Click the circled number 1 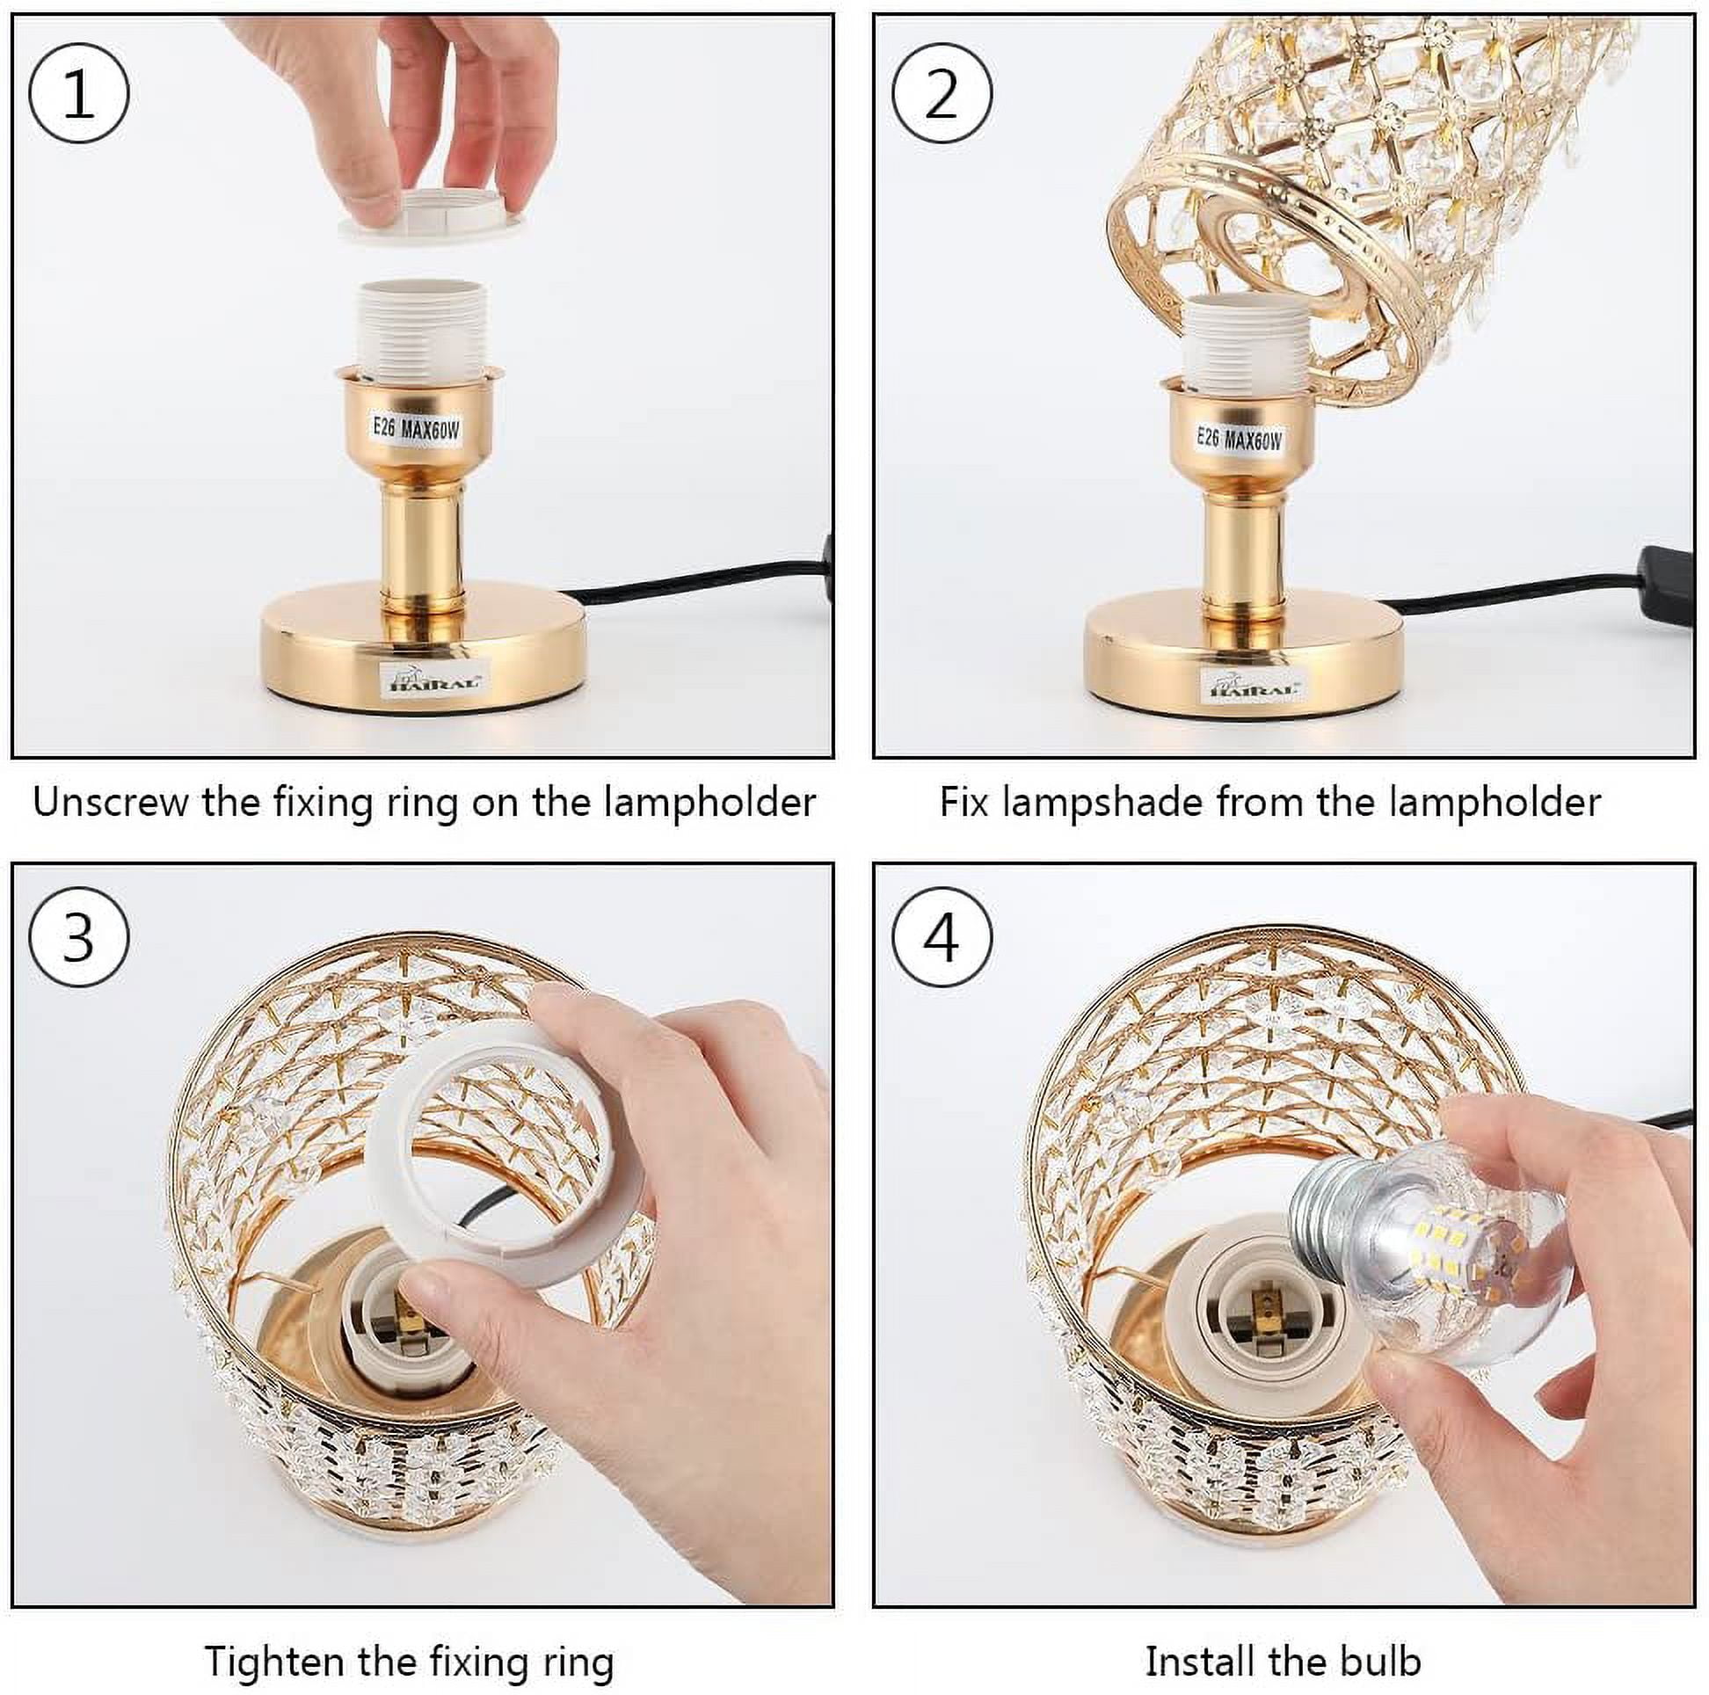79,93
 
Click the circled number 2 942,93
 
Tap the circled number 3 79,938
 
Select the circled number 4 942,938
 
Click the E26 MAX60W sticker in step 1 416,429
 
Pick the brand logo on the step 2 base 1253,685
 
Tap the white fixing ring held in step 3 501,1172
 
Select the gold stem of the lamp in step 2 1243,553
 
